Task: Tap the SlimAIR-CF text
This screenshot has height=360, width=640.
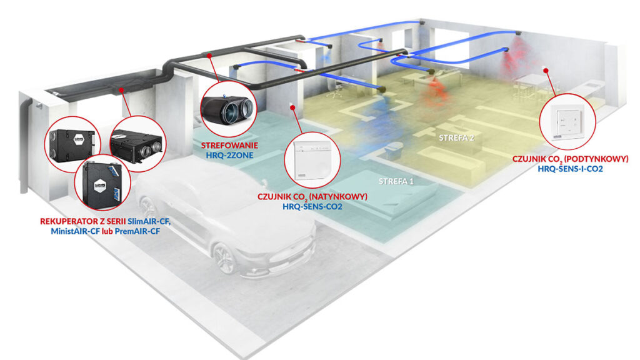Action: tap(151, 221)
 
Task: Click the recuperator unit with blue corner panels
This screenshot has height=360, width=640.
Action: tap(101, 184)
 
